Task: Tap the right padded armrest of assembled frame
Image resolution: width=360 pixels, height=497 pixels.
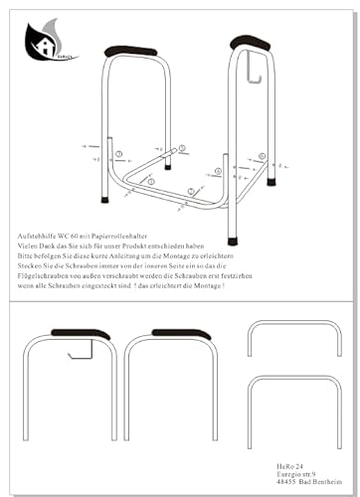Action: [x=250, y=42]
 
